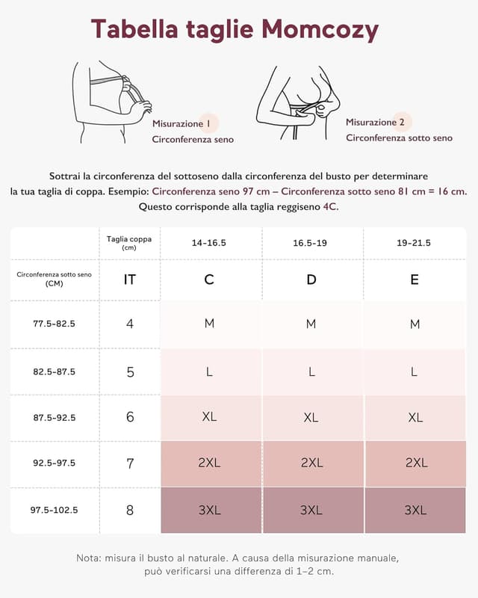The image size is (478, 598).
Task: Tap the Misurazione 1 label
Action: pyautogui.click(x=181, y=123)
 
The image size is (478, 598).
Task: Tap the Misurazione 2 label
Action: pyautogui.click(x=375, y=122)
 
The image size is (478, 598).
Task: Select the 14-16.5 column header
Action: pyautogui.click(x=209, y=243)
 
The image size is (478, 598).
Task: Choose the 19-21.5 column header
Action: pyautogui.click(x=415, y=243)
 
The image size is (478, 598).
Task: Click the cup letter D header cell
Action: pyautogui.click(x=311, y=280)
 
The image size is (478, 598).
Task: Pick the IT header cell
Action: pyautogui.click(x=130, y=280)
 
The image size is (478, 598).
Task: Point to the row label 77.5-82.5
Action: pyautogui.click(x=55, y=324)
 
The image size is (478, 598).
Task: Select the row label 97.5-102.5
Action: pyautogui.click(x=55, y=510)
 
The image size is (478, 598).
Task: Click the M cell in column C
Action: pyautogui.click(x=209, y=323)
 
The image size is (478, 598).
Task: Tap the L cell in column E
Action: pyautogui.click(x=415, y=371)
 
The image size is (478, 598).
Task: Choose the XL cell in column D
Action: pyautogui.click(x=311, y=417)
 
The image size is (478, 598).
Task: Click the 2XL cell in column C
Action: pyautogui.click(x=209, y=463)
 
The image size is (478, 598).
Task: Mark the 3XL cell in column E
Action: pyautogui.click(x=415, y=510)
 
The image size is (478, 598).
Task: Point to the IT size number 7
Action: pyautogui.click(x=130, y=463)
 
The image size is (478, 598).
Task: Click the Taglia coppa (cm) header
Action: pyautogui.click(x=129, y=243)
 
